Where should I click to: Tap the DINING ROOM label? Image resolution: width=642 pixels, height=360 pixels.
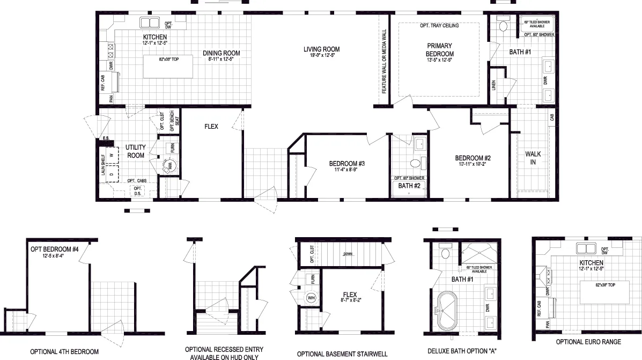coord(221,53)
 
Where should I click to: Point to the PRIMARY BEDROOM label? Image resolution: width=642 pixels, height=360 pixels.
coord(440,50)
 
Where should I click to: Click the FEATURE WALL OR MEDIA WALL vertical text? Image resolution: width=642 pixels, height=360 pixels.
coord(383,61)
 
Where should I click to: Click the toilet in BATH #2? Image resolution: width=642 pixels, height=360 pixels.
coord(414,164)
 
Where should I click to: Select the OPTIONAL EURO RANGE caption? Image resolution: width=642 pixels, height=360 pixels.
coord(588,342)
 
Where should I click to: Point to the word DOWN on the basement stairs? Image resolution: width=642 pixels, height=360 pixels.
coord(348,254)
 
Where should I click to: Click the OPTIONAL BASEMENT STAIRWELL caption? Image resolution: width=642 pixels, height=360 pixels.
coord(342,354)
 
